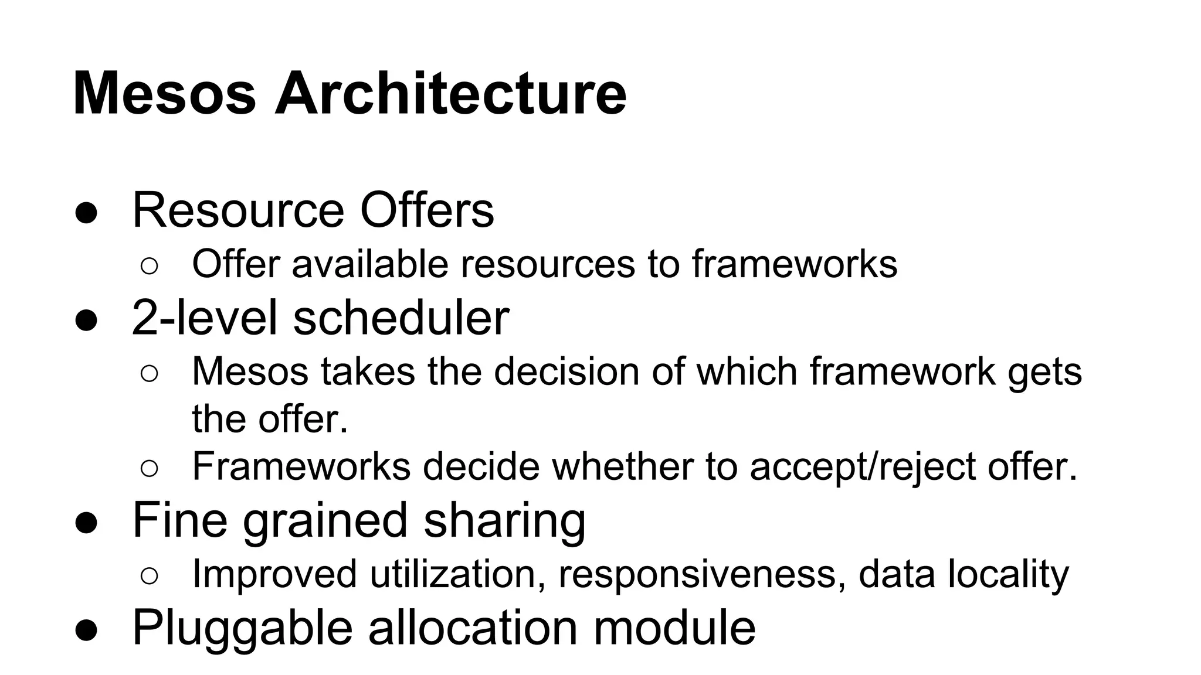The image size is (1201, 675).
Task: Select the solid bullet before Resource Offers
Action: click(86, 212)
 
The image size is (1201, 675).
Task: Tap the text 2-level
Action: click(204, 317)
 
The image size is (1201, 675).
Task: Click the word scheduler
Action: click(401, 317)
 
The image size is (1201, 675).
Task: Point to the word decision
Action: click(566, 371)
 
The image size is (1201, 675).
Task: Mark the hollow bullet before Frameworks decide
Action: click(150, 468)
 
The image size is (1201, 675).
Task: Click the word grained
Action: click(325, 520)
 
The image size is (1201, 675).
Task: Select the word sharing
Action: click(504, 520)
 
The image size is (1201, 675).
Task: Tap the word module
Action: click(674, 627)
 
